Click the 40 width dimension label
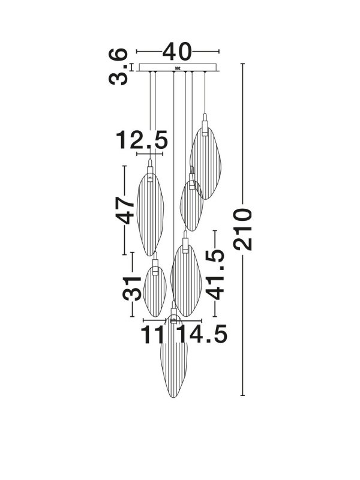(x=177, y=52)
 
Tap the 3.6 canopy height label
(x=118, y=67)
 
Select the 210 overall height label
(x=242, y=229)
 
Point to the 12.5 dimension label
(x=142, y=140)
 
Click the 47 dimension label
(x=125, y=211)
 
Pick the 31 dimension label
(x=132, y=288)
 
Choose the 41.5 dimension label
(x=215, y=274)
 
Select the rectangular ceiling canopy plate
(x=178, y=67)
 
